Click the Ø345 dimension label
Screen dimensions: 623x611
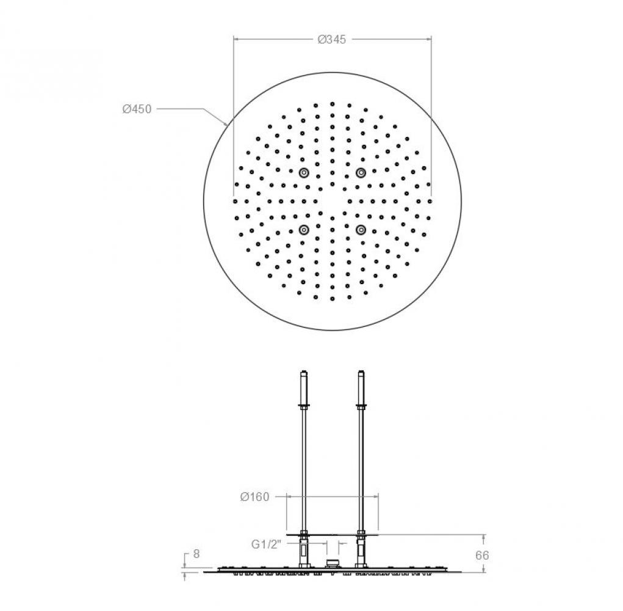(332, 39)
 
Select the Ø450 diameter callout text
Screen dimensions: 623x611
(137, 109)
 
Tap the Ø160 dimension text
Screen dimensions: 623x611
(254, 497)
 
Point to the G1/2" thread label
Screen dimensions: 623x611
(266, 544)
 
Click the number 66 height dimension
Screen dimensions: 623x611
(482, 555)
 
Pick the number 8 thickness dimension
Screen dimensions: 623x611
(196, 554)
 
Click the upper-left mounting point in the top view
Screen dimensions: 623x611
(304, 172)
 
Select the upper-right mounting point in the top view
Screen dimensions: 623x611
(361, 172)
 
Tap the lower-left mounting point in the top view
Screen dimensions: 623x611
(304, 230)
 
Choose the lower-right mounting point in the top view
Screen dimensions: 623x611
(361, 230)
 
